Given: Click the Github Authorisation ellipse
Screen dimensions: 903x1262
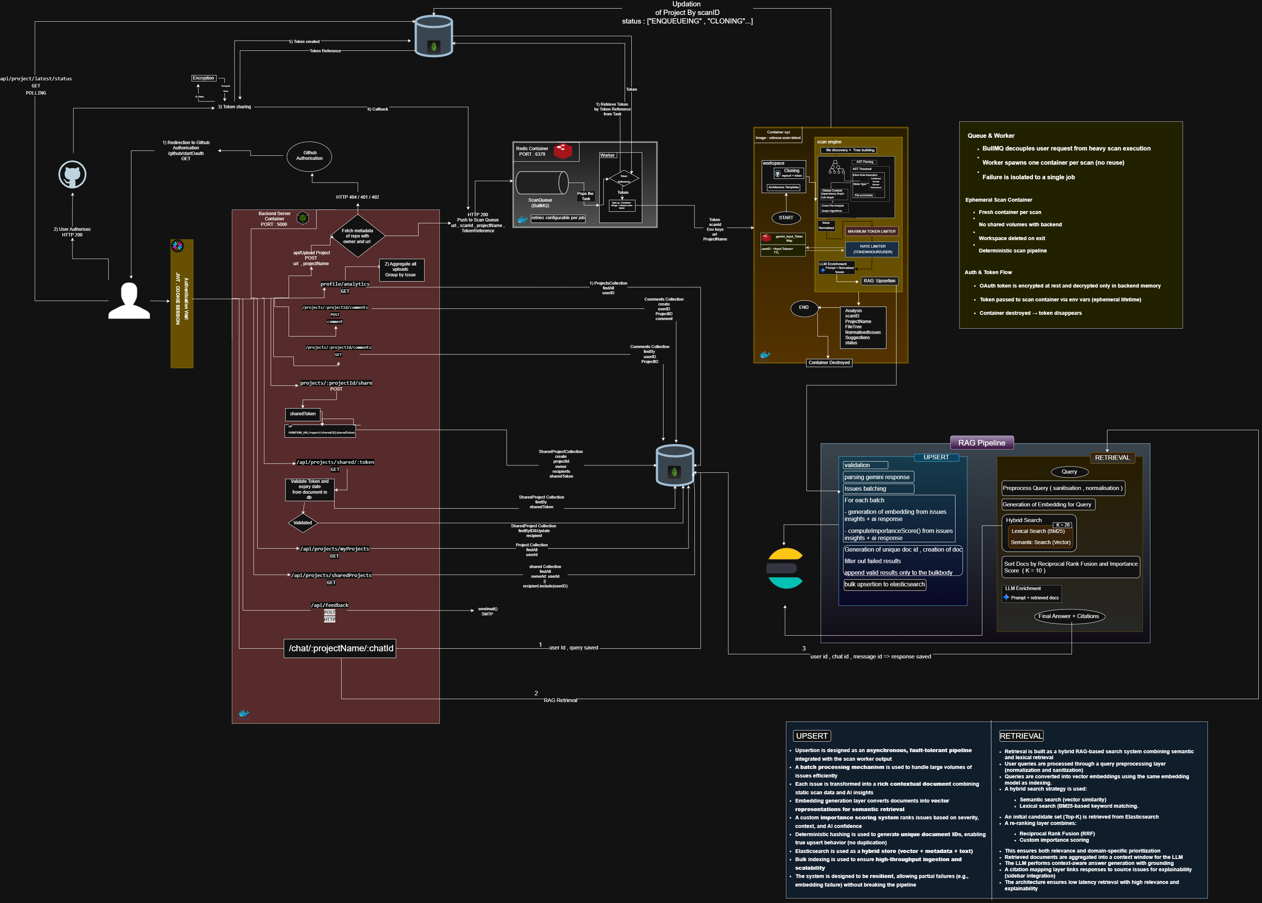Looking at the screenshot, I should tap(309, 156).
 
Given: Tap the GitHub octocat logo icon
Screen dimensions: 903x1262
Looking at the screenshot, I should tap(72, 175).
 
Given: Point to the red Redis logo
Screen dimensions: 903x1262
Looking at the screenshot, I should tap(563, 150).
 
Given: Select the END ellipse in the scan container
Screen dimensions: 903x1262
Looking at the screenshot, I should tap(803, 307).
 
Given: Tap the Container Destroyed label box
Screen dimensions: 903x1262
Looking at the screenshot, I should tap(829, 363).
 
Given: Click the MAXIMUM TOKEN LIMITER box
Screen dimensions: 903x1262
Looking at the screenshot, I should tap(871, 231).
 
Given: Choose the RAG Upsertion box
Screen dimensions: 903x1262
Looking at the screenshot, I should tap(879, 281).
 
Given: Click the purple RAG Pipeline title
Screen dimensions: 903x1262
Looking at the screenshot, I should tap(982, 443).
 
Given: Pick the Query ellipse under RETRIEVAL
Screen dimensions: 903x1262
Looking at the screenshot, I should tap(1069, 472).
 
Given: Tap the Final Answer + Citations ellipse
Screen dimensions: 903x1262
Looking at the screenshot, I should tap(1069, 616).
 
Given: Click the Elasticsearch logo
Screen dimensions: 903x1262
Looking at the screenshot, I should tap(784, 568).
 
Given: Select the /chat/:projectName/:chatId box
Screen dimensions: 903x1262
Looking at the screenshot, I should tap(340, 648).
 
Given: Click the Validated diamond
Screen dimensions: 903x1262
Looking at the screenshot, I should tap(302, 523).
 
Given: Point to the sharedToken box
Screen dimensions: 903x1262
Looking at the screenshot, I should tap(302, 414).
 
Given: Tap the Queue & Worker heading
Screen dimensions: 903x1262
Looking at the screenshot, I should tap(991, 136).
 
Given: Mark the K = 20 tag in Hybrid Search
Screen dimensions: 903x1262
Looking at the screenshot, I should tap(1062, 525).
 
